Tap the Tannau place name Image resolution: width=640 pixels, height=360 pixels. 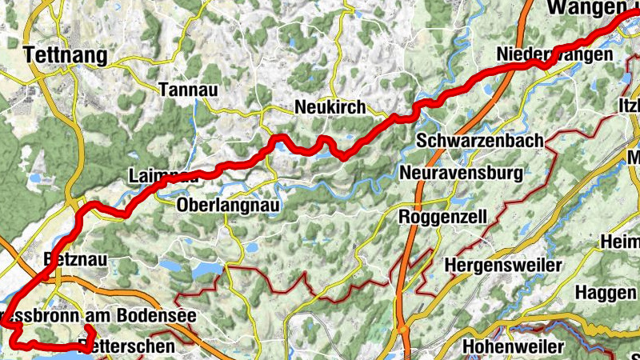pos(189,89)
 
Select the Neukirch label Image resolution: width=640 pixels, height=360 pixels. pos(330,107)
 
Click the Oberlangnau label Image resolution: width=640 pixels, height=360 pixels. pos(227,205)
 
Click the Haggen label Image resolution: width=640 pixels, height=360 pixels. pos(605,293)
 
